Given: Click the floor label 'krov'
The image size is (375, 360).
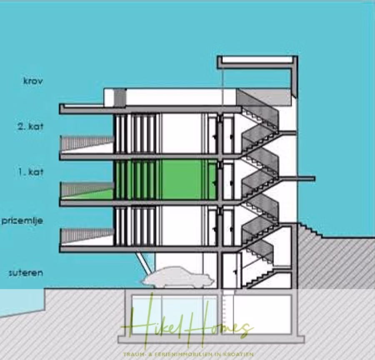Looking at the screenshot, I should coord(32,81).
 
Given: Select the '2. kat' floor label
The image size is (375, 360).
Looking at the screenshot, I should coord(30,126).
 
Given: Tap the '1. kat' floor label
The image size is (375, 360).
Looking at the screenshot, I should coord(30,171).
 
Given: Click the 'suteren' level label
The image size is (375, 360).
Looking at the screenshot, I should coord(26,273).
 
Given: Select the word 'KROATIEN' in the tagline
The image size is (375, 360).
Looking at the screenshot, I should coord(240,355).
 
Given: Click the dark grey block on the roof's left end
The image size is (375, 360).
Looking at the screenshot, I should coord(120,97).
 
